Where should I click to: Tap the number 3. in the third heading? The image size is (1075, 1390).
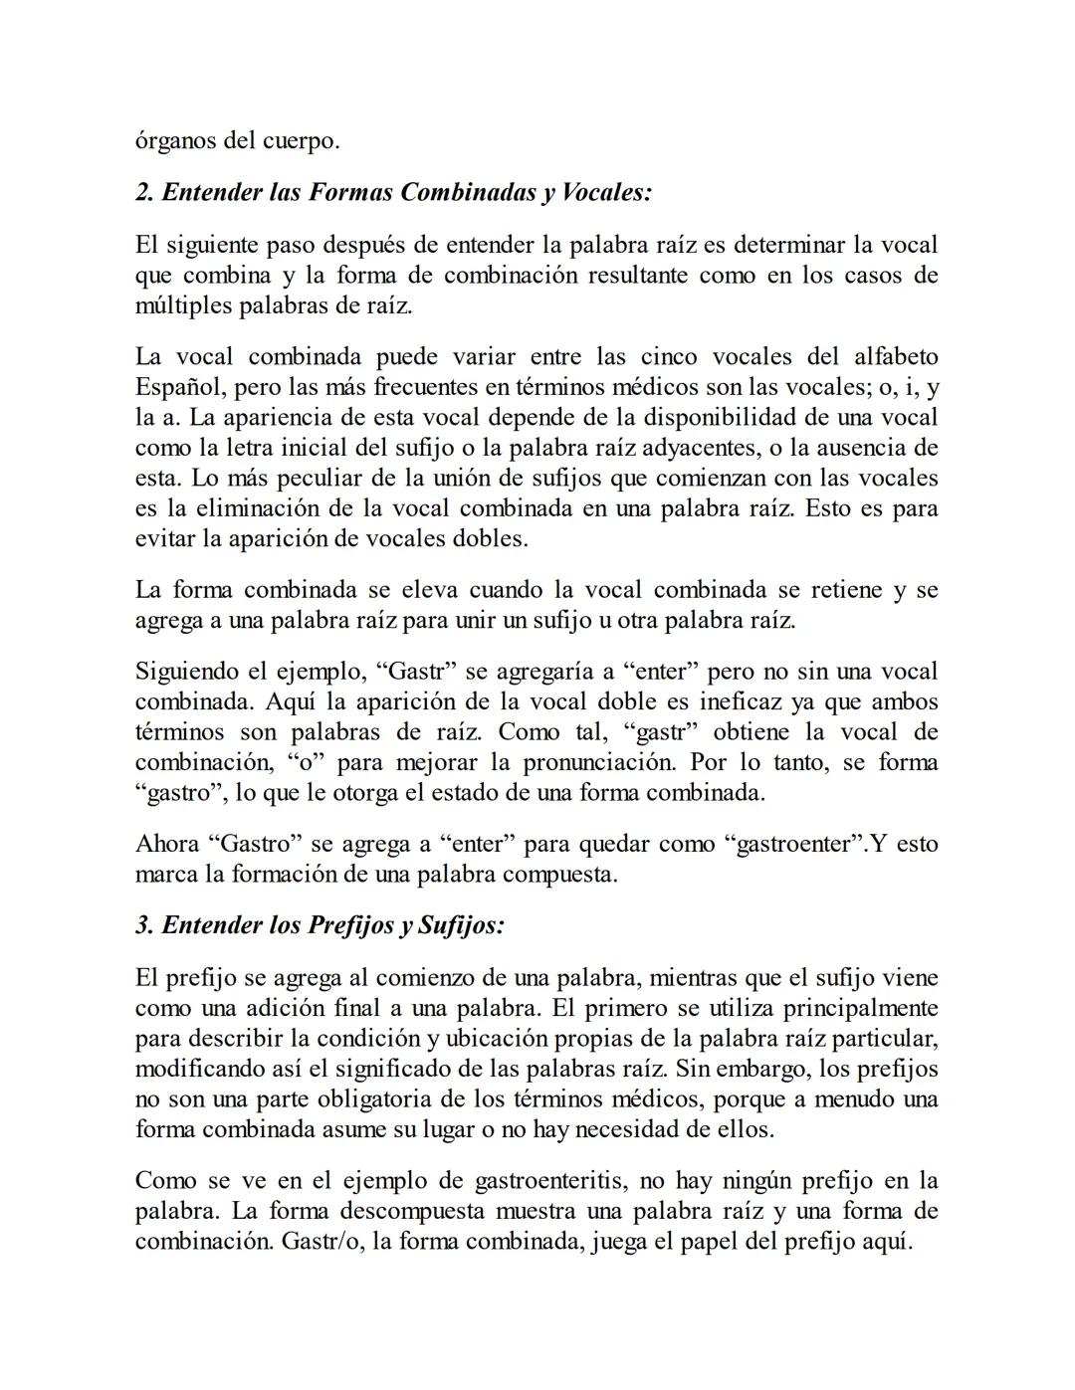point(144,925)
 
